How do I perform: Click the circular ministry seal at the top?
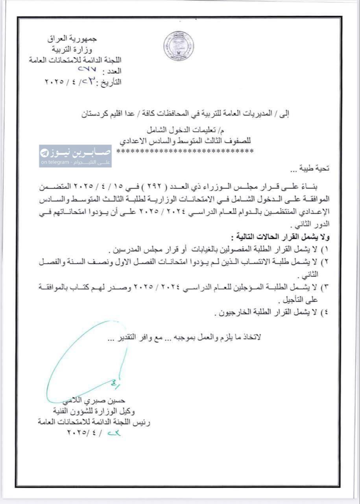pos(179,46)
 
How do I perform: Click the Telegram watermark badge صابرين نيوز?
pos(75,156)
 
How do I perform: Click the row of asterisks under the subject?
pos(185,151)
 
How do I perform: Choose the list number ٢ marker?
pos(325,262)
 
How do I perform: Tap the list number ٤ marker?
pos(325,314)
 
